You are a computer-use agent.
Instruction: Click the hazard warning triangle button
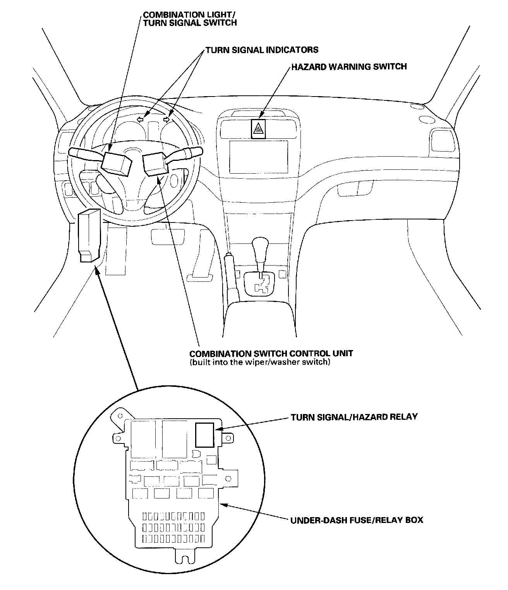(258, 129)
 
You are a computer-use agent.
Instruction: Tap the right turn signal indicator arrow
(167, 119)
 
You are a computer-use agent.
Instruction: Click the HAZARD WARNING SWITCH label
(349, 67)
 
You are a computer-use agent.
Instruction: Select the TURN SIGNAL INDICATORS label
(262, 50)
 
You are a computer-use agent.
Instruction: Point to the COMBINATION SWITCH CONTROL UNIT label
(271, 354)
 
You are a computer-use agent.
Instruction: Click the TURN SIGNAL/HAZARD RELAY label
(354, 417)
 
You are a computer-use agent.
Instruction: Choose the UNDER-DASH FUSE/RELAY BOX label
(357, 520)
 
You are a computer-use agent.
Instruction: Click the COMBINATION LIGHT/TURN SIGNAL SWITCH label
(190, 19)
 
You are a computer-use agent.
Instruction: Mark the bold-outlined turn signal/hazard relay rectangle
(204, 434)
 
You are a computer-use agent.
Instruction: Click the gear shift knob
(259, 248)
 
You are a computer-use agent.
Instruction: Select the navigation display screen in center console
(259, 157)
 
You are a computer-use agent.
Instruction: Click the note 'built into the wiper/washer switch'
(260, 363)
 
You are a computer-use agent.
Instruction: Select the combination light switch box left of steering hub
(115, 162)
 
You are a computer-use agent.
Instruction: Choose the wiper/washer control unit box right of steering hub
(155, 164)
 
